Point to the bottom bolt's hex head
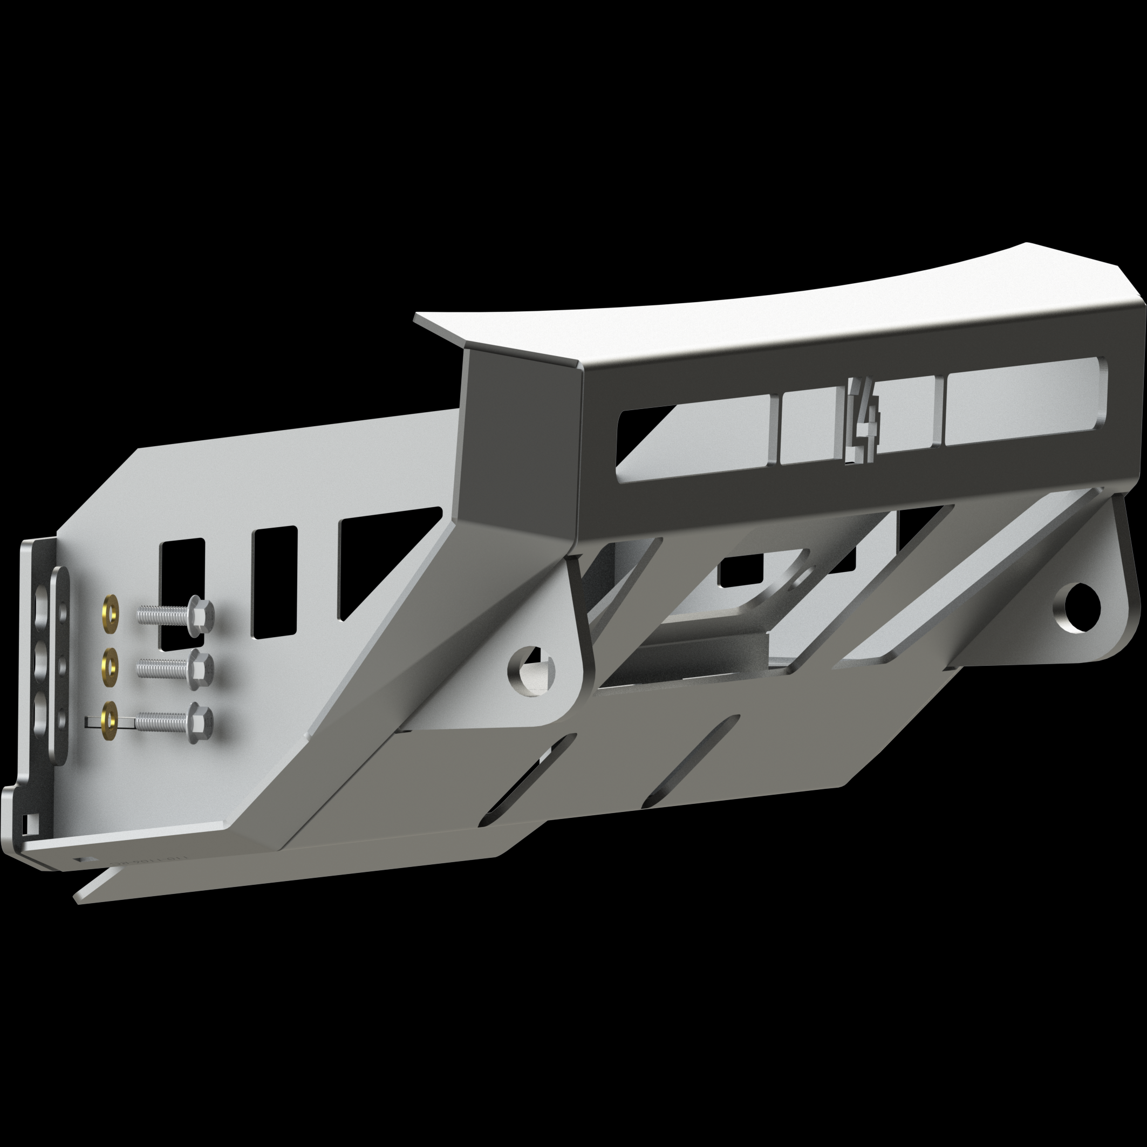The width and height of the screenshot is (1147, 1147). click(x=200, y=722)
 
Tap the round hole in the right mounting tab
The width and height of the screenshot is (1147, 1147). click(x=1082, y=607)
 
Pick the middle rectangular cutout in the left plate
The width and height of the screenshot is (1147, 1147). click(x=274, y=582)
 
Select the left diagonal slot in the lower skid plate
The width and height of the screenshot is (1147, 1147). click(x=528, y=779)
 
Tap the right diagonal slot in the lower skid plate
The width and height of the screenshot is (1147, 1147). click(x=692, y=761)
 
